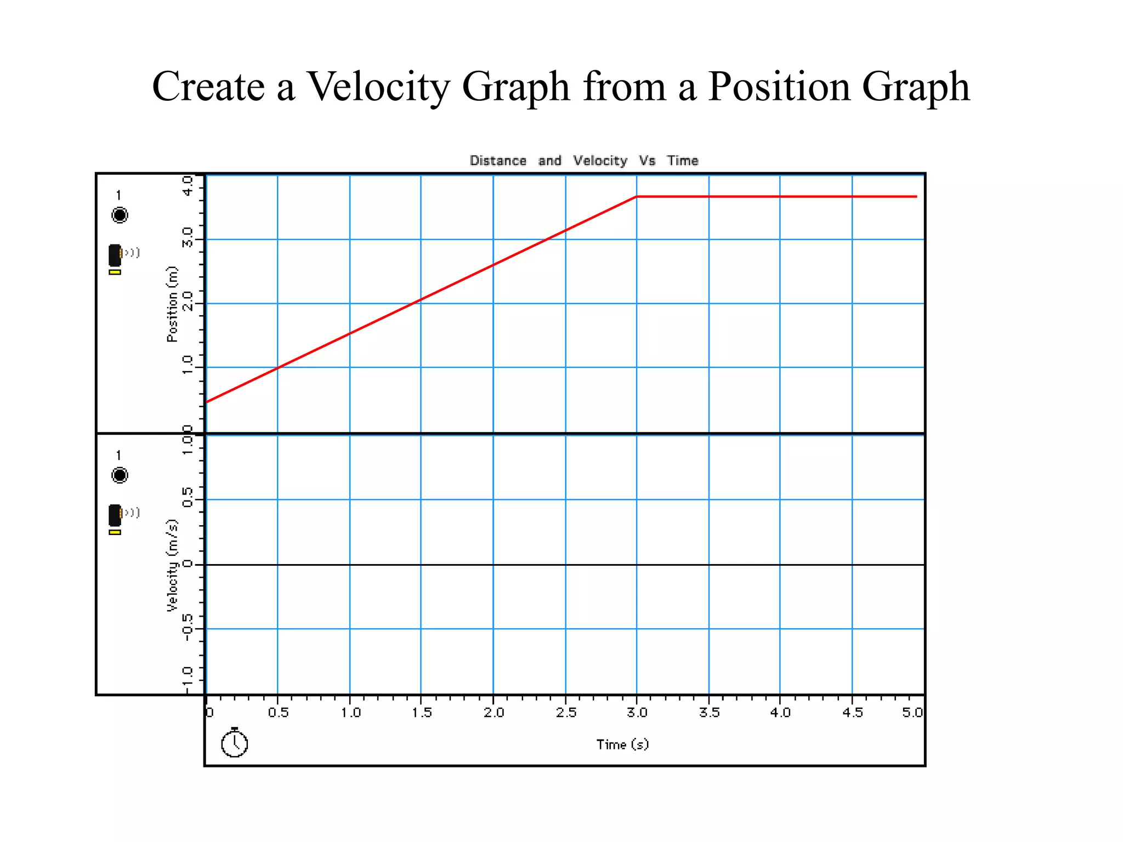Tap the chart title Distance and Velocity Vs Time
pos(583,161)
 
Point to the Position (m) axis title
pos(172,304)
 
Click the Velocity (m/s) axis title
pos(172,565)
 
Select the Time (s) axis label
pos(622,744)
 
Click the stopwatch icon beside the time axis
pos(234,743)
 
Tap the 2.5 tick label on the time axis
pos(566,713)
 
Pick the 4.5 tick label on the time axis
pos(852,713)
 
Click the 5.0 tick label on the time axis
pos(912,713)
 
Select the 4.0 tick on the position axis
pos(188,185)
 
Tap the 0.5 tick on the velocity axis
pos(188,498)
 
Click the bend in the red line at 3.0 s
pos(636,196)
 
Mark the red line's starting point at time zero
pos(207,402)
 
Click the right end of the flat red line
pos(916,196)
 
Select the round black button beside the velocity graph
pos(120,475)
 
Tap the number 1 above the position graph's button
pos(118,195)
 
